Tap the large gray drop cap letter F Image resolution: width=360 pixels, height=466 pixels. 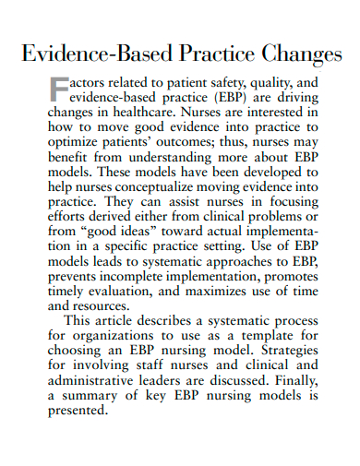pyautogui.click(x=59, y=89)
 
